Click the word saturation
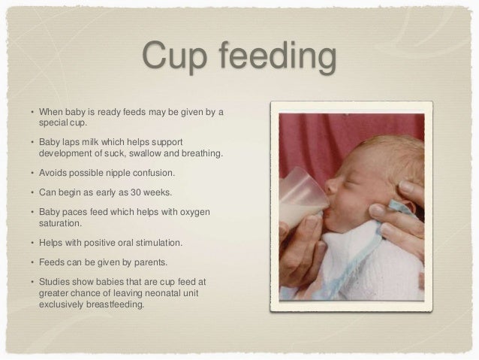click(61, 223)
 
